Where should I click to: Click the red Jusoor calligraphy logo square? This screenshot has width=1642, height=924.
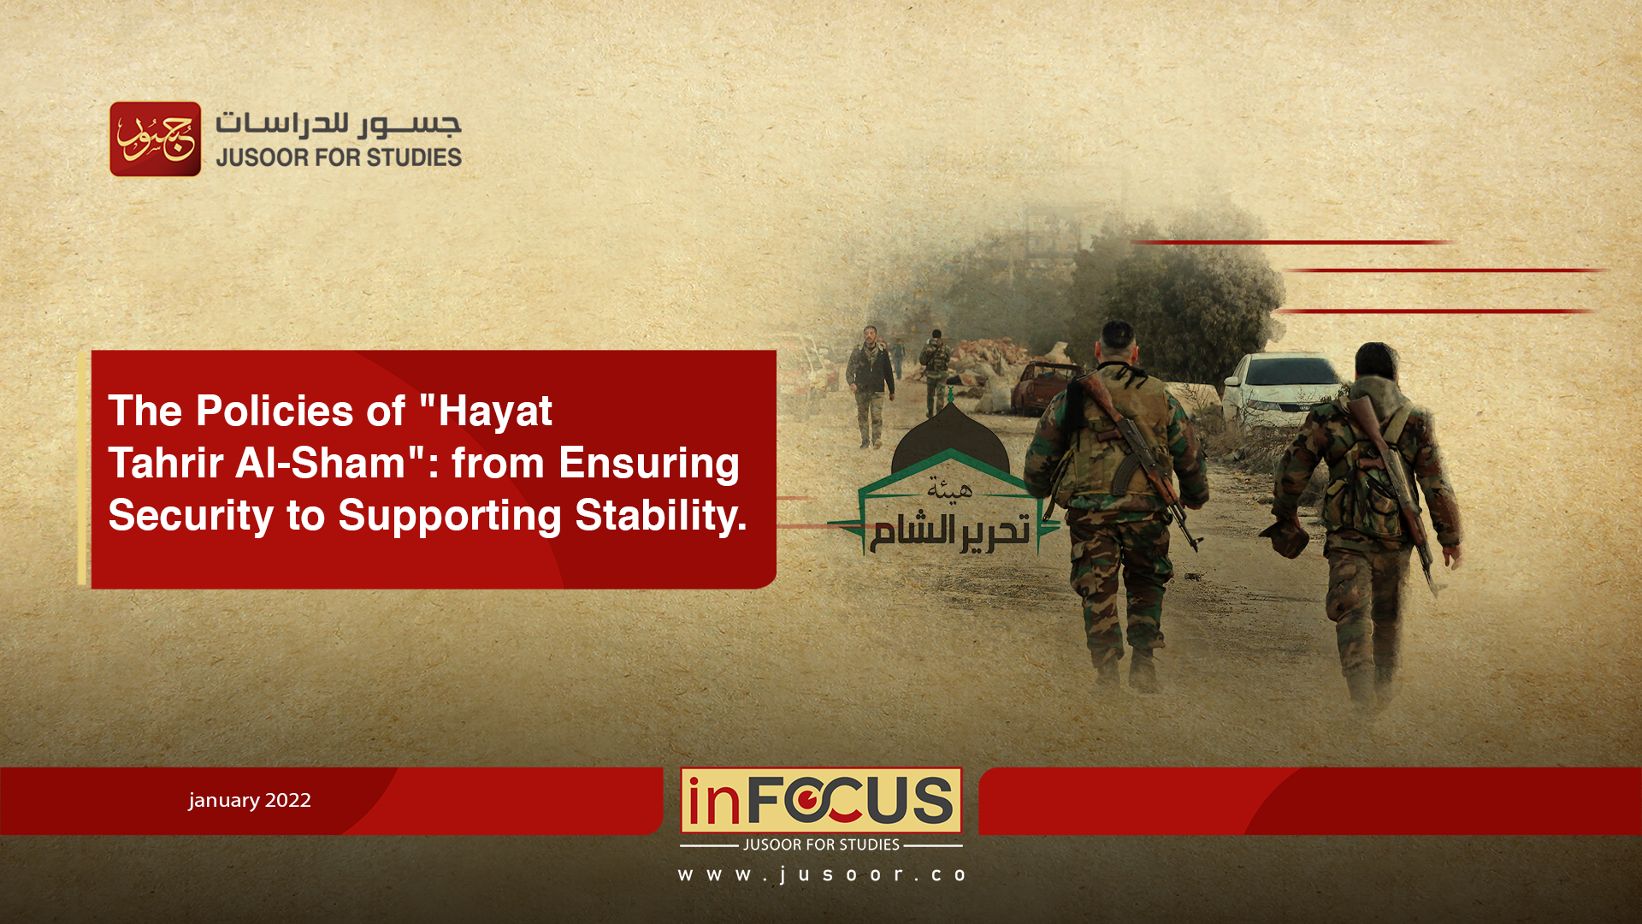pos(156,139)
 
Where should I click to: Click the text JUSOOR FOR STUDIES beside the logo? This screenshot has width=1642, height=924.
pos(339,157)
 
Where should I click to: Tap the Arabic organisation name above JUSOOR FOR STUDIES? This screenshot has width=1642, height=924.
pos(339,124)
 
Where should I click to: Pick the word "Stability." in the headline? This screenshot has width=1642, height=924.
pos(661,515)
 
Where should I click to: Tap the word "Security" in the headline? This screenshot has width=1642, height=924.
pos(191,517)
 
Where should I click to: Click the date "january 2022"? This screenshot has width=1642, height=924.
pos(250,800)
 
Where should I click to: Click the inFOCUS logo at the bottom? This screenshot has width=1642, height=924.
pos(821,801)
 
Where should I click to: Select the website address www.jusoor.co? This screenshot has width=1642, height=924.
pos(821,874)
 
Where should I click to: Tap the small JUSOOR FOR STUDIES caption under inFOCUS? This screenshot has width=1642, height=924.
pos(821,844)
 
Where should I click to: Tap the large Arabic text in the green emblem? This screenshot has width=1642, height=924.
pos(950,531)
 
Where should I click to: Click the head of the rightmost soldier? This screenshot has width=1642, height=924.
pos(1377,363)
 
